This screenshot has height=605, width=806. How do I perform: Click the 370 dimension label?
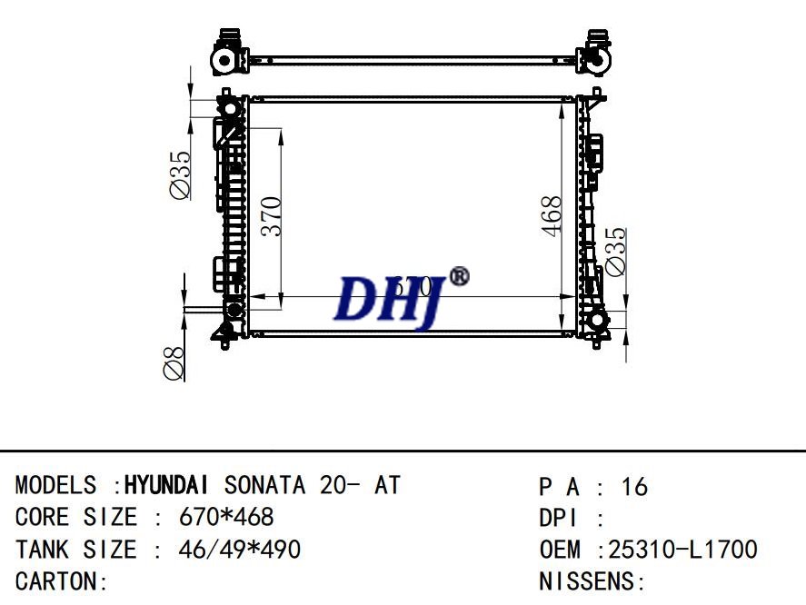coord(272,215)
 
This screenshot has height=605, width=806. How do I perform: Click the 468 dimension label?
coord(552,216)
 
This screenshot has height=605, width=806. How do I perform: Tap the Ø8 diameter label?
coord(174,362)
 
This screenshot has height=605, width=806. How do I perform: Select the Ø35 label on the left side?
coord(179,174)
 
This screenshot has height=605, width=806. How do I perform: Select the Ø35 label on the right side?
coord(615,250)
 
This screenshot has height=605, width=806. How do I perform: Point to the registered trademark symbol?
coord(460,275)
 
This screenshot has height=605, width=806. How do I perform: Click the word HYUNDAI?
coord(170,485)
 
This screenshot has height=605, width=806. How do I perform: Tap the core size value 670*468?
coord(226,518)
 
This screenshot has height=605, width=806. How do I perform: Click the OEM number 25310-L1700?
coord(682,550)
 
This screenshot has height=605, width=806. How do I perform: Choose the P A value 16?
coord(634,487)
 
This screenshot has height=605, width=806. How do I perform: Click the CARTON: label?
coord(62,581)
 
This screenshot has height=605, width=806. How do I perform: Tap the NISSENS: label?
coord(592,581)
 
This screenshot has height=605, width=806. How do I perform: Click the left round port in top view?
coord(223,60)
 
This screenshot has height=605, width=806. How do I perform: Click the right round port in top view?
coord(596,60)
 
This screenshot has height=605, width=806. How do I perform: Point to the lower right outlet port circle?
coord(597,321)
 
